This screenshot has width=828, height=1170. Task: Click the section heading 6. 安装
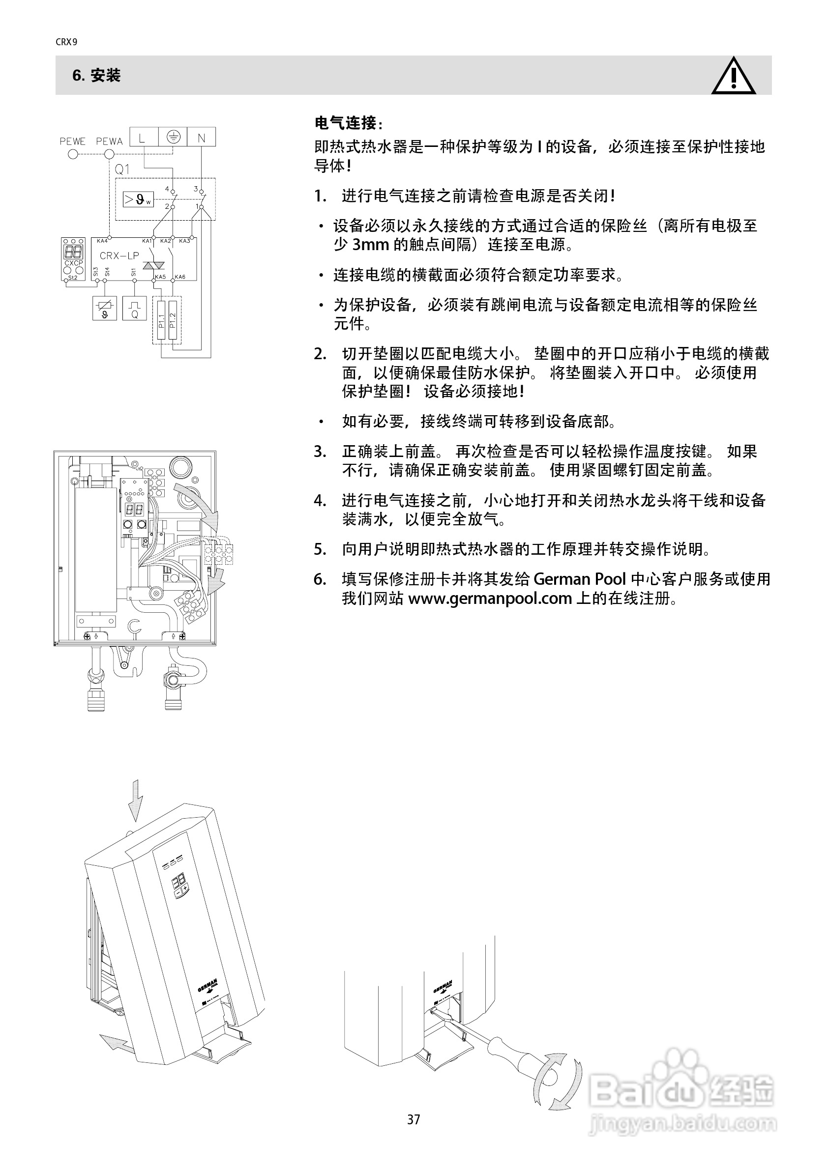pos(96,75)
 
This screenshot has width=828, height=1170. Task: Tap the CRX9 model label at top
pos(66,42)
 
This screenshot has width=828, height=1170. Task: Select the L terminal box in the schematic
pos(142,137)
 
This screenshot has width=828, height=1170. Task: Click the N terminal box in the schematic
pos(201,137)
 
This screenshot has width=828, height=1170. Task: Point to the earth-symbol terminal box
pos(174,137)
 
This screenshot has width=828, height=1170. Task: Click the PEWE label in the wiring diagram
pos(72,141)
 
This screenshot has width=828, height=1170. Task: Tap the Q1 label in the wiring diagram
pos(122,169)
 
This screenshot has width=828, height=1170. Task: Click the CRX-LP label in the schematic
pos(119,256)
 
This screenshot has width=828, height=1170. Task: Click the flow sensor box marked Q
pos(135,309)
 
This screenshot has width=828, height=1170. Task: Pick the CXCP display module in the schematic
pos(73,259)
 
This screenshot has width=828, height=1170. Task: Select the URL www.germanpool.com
pos(490,598)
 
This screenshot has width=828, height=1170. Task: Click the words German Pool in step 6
pos(579,579)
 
